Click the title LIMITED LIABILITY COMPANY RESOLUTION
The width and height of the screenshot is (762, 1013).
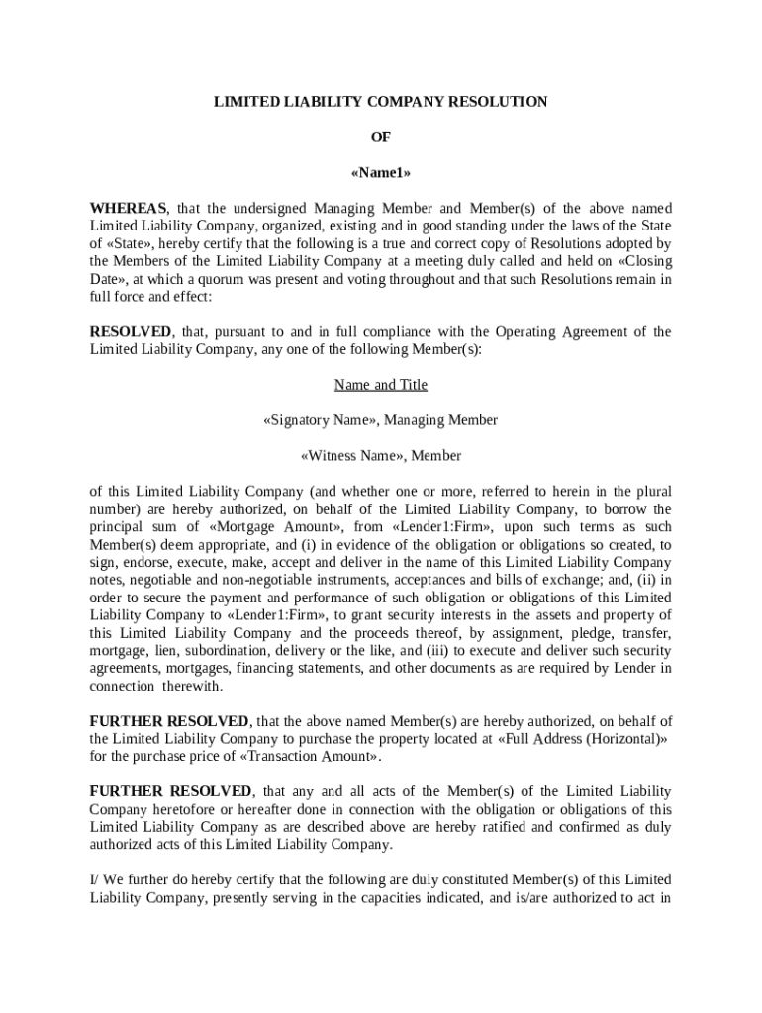381,102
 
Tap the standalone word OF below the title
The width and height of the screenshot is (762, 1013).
381,138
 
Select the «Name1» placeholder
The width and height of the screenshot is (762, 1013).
381,173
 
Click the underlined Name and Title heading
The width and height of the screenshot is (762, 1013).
381,385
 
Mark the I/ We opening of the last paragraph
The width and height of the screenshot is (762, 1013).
103,880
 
